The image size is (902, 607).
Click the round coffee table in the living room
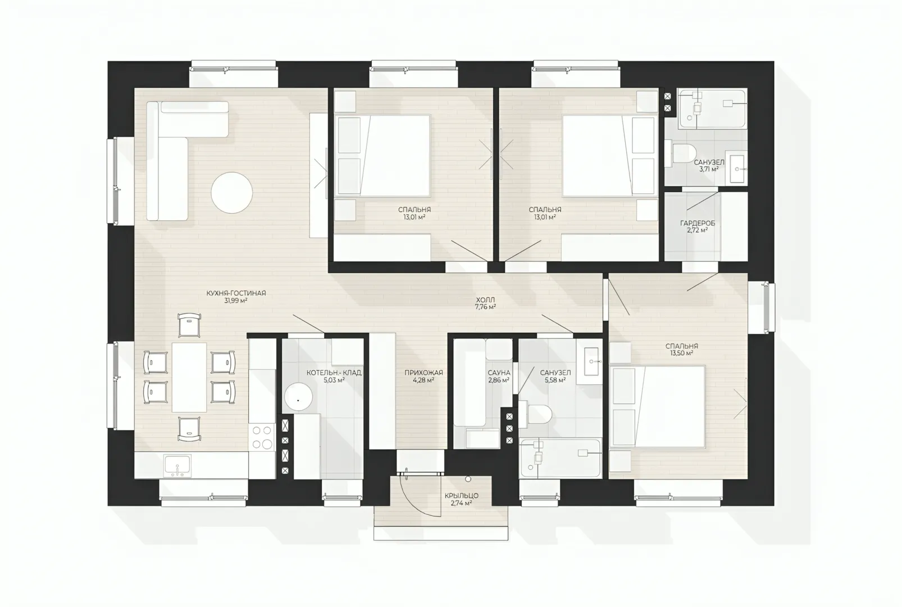click(x=231, y=193)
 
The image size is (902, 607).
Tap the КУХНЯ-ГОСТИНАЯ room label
click(x=236, y=293)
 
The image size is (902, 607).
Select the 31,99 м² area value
click(x=236, y=301)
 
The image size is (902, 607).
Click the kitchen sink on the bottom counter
click(x=177, y=465)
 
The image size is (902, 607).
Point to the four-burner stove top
click(x=262, y=437)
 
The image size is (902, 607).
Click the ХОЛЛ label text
click(x=485, y=300)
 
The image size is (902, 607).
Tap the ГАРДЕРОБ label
click(x=698, y=223)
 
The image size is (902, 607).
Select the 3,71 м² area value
click(x=709, y=169)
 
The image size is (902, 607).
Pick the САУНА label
click(x=499, y=373)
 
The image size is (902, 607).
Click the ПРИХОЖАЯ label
click(x=423, y=373)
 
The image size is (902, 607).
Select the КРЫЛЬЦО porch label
click(x=462, y=496)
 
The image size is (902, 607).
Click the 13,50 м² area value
click(x=682, y=354)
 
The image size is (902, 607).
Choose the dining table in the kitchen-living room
click(x=189, y=377)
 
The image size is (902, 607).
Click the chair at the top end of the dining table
click(x=189, y=325)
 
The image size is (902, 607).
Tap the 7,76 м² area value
click(x=485, y=307)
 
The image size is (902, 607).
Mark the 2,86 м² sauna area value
click(x=499, y=380)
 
